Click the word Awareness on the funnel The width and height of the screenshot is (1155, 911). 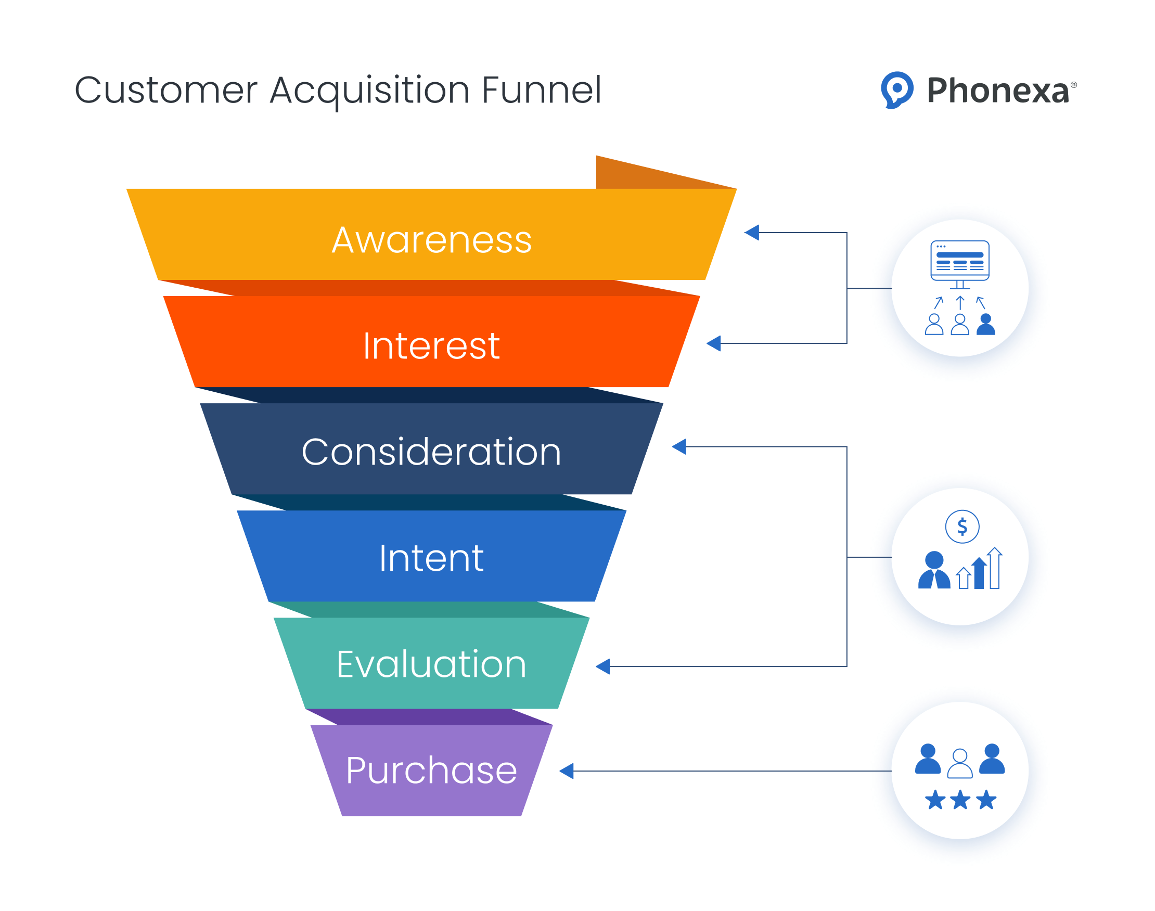pos(431,240)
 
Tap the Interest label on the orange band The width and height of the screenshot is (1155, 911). pos(431,346)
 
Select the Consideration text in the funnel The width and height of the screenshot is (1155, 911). pos(431,452)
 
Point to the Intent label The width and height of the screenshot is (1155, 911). pos(431,558)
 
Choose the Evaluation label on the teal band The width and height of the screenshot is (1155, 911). pos(431,664)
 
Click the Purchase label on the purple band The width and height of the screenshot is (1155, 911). pos(431,771)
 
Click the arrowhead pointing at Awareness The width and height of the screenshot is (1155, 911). pos(752,233)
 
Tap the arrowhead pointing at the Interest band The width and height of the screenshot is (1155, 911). pos(714,343)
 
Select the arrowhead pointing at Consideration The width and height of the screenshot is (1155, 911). pos(680,446)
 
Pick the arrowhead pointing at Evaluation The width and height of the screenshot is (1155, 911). pos(603,666)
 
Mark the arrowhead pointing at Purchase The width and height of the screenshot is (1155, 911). pos(567,771)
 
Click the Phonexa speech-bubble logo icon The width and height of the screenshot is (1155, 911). pos(897,89)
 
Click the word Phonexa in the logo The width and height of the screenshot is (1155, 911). pos(998,91)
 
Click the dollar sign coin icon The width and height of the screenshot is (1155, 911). pos(962,527)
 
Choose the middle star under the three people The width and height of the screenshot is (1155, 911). pos(960,800)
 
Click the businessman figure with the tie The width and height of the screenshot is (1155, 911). pos(934,571)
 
